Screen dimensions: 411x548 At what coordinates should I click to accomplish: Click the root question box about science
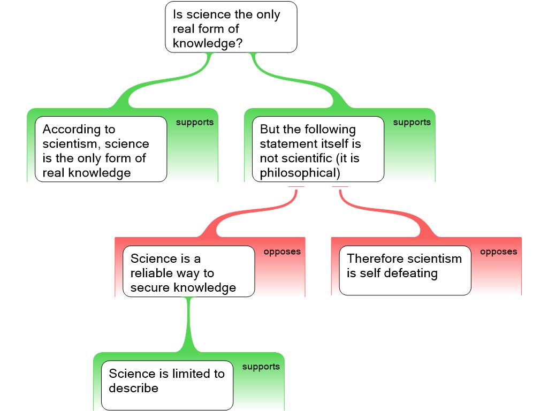(231, 27)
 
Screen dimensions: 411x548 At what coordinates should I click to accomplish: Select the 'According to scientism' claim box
(101, 149)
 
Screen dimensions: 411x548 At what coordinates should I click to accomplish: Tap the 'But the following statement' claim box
(318, 149)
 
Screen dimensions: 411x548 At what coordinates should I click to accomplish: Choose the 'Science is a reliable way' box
(188, 271)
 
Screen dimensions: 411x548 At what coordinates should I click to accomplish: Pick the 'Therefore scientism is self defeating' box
(405, 270)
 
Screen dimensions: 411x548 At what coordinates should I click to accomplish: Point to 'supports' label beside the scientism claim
(195, 123)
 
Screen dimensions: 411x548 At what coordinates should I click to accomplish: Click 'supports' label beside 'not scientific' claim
(412, 123)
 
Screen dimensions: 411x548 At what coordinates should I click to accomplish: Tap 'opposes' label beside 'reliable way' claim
(282, 252)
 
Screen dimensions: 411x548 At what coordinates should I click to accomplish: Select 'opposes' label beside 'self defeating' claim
(498, 252)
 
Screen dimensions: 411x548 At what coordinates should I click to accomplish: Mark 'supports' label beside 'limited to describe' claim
(261, 367)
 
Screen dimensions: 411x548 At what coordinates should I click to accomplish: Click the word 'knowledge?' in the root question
(208, 44)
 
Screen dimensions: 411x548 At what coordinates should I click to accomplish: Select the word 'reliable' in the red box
(152, 273)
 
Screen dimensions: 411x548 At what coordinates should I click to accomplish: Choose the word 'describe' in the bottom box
(133, 389)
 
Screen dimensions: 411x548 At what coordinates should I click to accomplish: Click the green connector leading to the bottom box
(188, 326)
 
